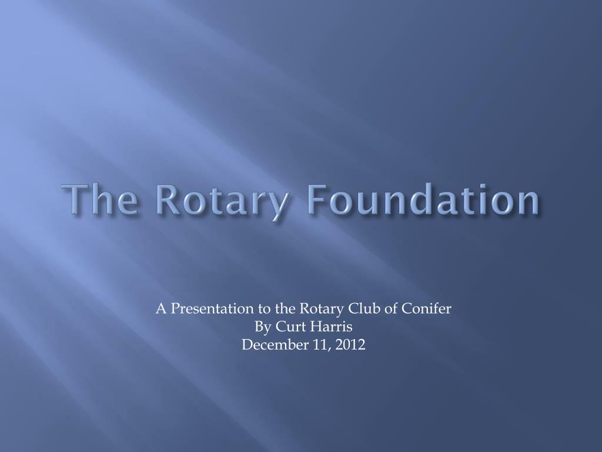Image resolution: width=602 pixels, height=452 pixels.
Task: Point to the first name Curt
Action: tap(287, 327)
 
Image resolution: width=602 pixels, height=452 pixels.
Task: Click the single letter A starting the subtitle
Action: tap(161, 308)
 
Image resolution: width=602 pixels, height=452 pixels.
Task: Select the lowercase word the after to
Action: tap(286, 308)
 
